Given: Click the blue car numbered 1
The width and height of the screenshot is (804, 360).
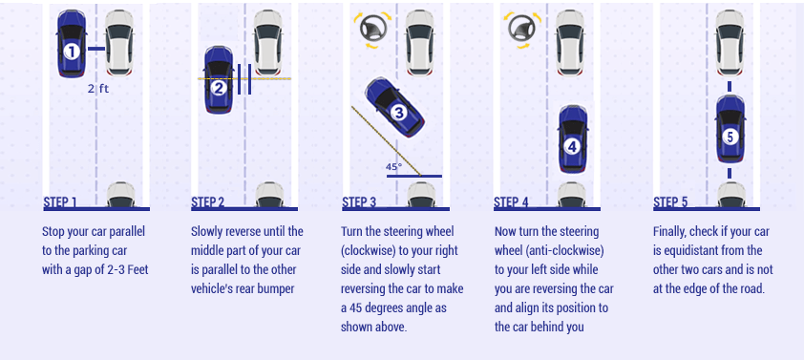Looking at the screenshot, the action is (72, 44).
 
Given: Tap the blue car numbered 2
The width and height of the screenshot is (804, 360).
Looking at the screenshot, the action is (219, 80).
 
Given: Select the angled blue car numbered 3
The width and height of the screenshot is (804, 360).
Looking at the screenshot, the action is (394, 107).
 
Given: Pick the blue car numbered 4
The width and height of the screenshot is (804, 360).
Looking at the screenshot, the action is (572, 139).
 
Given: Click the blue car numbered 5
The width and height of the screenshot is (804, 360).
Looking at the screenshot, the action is (730, 129).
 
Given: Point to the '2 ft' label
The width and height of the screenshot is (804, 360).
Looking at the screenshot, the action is (98, 89).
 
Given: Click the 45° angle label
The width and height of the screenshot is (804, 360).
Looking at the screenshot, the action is (394, 167).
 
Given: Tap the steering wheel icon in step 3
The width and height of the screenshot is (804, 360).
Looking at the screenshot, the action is (372, 30).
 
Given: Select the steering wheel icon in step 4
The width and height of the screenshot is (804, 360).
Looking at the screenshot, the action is (522, 30).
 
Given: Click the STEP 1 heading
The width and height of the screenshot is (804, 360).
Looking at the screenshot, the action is (60, 202).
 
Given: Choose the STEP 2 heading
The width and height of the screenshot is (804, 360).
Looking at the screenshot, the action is (207, 202).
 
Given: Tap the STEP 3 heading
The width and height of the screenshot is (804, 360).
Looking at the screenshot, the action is (359, 202).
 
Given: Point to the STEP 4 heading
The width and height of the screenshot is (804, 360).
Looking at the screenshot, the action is (511, 202).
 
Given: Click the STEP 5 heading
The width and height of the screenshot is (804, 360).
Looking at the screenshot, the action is (670, 202).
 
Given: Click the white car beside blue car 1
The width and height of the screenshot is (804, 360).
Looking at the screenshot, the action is (119, 43).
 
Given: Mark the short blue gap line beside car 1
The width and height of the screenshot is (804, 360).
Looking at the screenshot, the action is (95, 50).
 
